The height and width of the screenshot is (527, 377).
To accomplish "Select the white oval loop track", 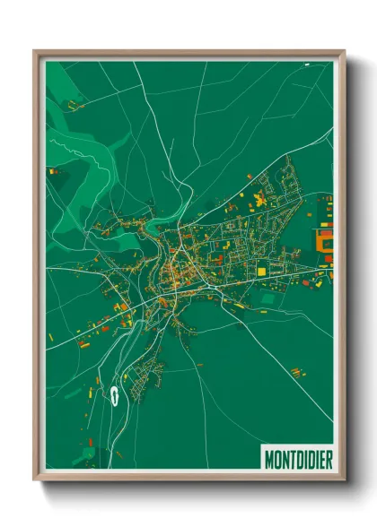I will (x=116, y=395).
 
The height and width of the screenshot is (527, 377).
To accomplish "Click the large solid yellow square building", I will (x=261, y=269).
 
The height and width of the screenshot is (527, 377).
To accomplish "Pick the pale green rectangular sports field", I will (x=269, y=294).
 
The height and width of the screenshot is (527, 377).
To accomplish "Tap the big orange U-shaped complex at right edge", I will (x=324, y=239).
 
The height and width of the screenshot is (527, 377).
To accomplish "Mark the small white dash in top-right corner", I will (x=306, y=65).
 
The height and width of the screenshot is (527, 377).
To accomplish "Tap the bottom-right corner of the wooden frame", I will (x=344, y=480).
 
